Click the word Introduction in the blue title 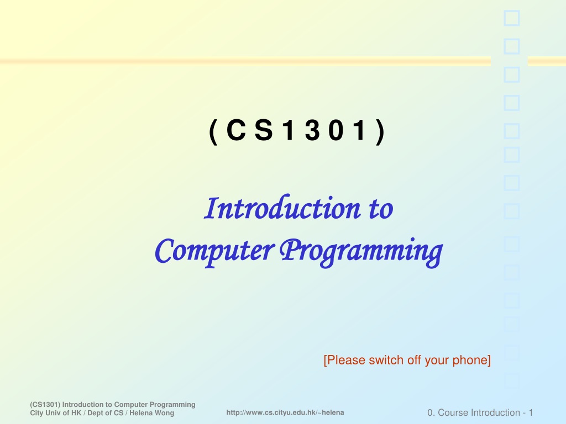(282, 208)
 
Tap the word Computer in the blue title (215, 251)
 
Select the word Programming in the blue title (361, 252)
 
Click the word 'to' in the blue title (381, 209)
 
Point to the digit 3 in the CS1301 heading (312, 130)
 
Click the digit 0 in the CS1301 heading (336, 130)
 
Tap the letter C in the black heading (236, 130)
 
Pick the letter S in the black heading (264, 130)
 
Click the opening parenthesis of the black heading (213, 132)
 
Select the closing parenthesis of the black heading (380, 132)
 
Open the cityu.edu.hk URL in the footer (285, 412)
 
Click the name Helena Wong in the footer (151, 413)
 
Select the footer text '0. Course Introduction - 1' (480, 412)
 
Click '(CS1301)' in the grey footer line (45, 405)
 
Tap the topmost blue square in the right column (511, 18)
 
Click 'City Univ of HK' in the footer (56, 413)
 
